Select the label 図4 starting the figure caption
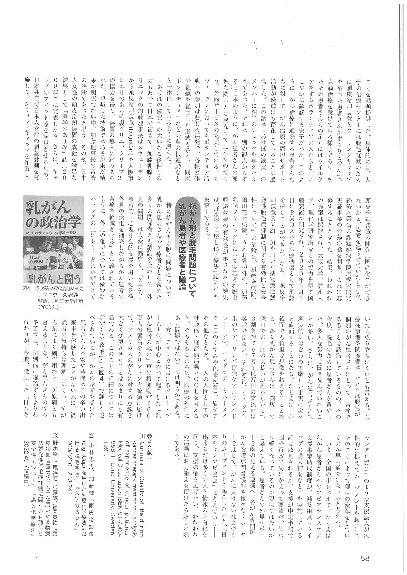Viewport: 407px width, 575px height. coord(26,289)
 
